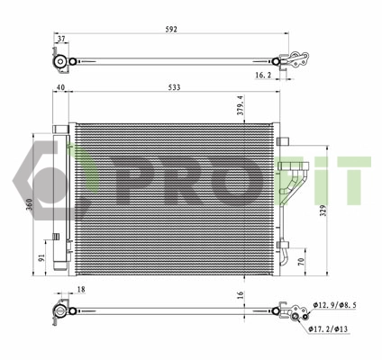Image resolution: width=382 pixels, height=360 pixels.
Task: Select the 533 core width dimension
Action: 172,87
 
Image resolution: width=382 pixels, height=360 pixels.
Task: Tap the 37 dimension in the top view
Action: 61,40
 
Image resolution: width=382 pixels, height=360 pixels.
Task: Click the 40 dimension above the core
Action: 61,87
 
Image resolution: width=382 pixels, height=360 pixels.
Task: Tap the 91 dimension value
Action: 41,256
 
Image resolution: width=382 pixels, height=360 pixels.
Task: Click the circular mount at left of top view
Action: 60,63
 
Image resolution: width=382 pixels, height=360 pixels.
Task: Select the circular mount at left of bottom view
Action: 61,312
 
